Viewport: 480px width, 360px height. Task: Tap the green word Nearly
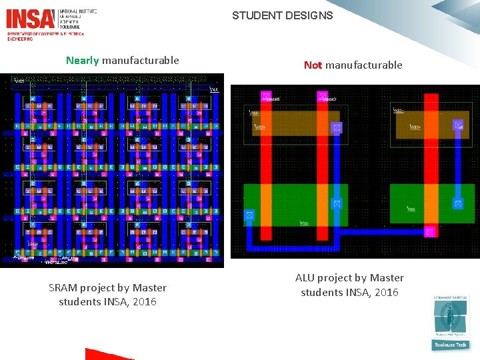(x=83, y=61)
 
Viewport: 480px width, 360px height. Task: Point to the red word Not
(x=313, y=65)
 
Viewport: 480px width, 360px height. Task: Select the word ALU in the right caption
(x=305, y=278)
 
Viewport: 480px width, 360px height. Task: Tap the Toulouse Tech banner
(x=451, y=345)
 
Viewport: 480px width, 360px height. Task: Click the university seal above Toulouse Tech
(x=451, y=317)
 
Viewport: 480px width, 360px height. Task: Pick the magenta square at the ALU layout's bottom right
(x=431, y=231)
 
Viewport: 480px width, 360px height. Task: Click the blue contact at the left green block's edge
(x=249, y=215)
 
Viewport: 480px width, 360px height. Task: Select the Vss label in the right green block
(x=412, y=209)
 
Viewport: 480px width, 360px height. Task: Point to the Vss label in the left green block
(x=303, y=223)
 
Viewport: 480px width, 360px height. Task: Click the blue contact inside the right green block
(x=458, y=203)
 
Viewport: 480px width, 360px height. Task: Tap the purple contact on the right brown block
(x=458, y=125)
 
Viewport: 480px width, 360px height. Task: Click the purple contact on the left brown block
(x=337, y=127)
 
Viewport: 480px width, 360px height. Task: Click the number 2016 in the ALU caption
(x=386, y=293)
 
